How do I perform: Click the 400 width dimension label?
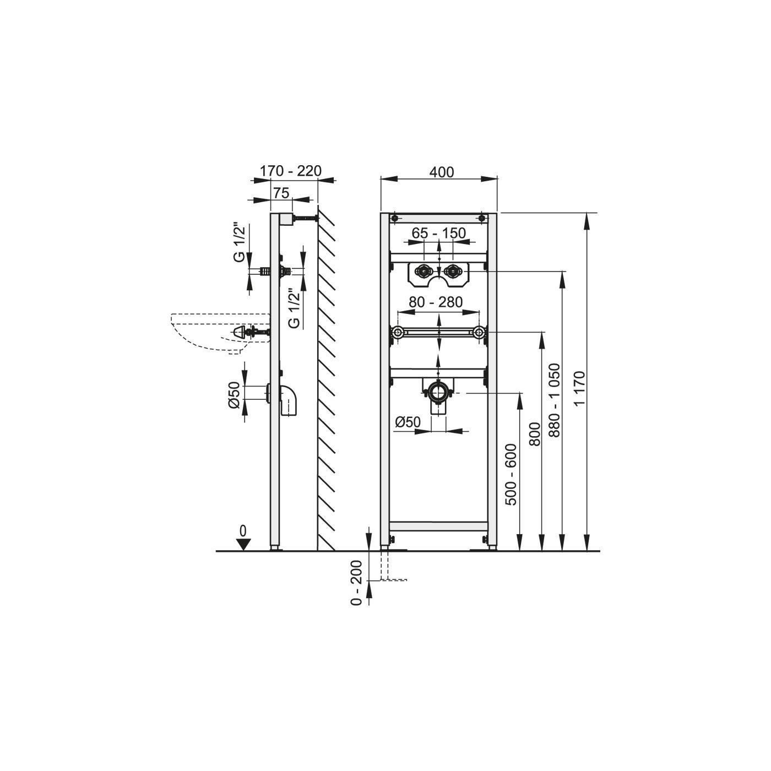[x=441, y=172]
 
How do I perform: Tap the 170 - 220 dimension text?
[x=291, y=171]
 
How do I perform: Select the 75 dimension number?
[x=281, y=193]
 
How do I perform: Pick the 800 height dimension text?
[x=535, y=434]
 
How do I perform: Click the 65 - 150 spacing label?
[x=439, y=233]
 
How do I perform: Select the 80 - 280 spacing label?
[x=436, y=302]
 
